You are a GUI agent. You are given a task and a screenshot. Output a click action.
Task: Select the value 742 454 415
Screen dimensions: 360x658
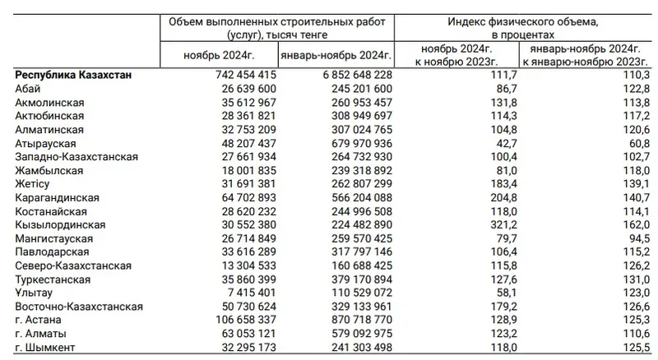234,75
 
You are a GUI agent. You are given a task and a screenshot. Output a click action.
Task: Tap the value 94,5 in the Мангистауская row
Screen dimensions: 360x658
633,237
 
